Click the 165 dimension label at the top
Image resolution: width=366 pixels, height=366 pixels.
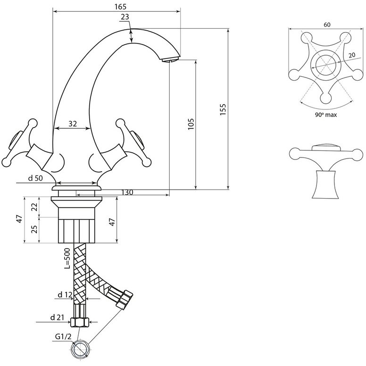120,7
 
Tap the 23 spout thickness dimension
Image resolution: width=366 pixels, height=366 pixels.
125,17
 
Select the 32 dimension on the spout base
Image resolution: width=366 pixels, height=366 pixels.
73,124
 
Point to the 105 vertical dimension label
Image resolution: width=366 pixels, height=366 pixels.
191,124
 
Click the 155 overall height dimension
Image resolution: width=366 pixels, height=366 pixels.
223,109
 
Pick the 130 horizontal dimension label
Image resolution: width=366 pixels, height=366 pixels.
127,192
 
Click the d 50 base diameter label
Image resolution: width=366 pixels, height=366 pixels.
35,178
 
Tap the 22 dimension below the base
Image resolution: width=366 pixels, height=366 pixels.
34,207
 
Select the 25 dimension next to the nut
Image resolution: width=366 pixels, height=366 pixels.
34,229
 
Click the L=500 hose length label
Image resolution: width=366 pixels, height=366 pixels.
67,258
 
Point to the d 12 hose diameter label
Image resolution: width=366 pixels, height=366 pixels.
65,295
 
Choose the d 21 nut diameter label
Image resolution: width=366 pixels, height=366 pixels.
57,317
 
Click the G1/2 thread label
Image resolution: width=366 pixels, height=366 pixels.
63,337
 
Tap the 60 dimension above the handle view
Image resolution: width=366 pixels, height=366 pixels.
327,25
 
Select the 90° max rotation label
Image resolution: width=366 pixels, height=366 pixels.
326,115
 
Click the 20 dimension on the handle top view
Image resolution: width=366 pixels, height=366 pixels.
352,55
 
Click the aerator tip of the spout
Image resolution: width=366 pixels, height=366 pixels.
171,59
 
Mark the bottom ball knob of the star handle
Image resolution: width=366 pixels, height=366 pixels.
326,98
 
